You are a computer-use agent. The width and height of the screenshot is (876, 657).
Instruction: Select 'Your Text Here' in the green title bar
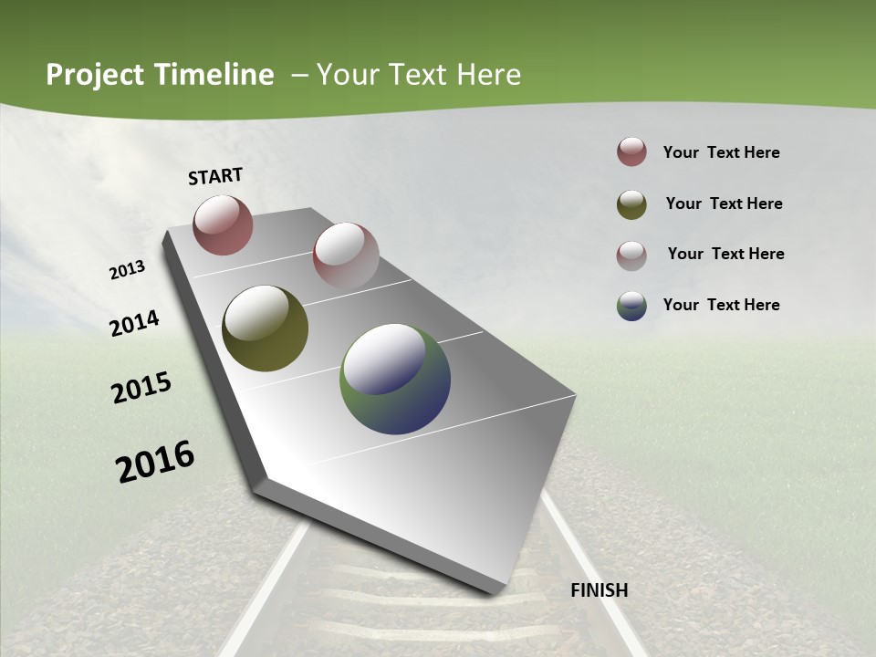click(418, 75)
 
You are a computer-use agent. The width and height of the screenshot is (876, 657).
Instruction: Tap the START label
click(215, 176)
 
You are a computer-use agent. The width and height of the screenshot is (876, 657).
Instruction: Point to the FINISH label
click(600, 590)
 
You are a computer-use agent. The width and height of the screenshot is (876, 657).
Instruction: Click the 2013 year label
click(128, 270)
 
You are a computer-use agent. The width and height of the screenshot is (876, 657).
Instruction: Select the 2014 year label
click(135, 323)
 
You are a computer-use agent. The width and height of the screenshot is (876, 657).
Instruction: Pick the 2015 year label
click(141, 388)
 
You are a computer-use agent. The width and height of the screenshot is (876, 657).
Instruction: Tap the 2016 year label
click(155, 461)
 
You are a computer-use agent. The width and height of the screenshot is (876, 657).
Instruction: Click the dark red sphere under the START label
click(223, 224)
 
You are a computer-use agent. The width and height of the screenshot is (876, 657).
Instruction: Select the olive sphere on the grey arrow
click(265, 328)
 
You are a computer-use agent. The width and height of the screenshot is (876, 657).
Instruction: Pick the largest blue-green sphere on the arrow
click(395, 379)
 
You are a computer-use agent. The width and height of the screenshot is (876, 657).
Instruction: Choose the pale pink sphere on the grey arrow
click(346, 255)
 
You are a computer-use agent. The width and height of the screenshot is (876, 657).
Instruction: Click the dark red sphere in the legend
click(631, 151)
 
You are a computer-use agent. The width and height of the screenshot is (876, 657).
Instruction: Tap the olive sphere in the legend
click(631, 204)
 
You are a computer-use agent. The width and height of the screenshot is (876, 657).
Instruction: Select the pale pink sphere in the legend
click(631, 255)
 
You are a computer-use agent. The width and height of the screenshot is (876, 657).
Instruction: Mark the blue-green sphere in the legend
click(631, 305)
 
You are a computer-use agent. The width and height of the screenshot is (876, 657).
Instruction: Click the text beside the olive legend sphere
click(724, 203)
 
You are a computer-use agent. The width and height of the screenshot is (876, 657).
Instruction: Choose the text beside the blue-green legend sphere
click(721, 305)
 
